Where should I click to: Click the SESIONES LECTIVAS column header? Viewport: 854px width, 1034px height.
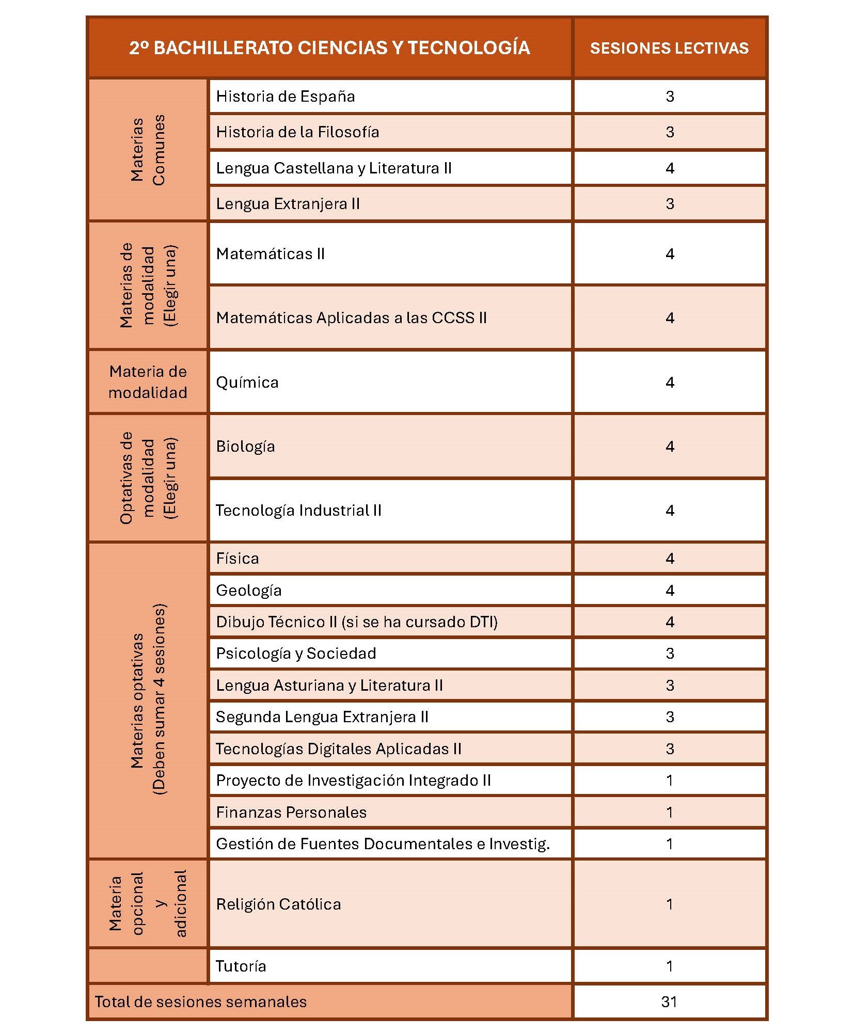pos(669,48)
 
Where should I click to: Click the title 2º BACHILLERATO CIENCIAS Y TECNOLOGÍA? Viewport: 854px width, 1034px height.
pos(329,47)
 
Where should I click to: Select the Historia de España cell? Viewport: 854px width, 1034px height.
pos(286,97)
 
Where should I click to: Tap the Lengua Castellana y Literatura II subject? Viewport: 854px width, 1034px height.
pos(334,168)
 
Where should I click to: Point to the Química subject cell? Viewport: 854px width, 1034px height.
pos(247,383)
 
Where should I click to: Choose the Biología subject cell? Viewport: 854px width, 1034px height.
pos(245,447)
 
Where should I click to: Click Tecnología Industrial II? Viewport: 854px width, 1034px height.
pos(298,511)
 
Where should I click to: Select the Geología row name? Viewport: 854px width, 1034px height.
pos(249,591)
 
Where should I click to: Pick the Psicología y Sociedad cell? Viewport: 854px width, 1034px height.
pos(296,654)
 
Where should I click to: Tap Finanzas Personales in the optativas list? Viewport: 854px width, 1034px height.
pos(291,813)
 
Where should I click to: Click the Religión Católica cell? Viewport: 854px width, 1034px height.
pos(278,904)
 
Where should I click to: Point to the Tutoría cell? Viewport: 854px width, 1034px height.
pos(241,966)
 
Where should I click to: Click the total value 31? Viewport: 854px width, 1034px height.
pos(669,1002)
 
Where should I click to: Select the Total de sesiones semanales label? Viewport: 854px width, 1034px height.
pos(201,1002)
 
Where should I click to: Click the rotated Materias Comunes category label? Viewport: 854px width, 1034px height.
pos(148,150)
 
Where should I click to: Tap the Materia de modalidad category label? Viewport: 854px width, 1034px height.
pos(148,382)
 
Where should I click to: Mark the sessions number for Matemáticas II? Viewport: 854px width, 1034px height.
pos(669,254)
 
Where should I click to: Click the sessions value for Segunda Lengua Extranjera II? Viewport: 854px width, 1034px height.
pos(669,717)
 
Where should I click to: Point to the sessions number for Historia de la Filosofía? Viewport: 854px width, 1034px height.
pos(669,132)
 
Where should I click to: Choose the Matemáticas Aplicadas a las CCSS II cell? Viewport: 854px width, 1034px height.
pos(351,318)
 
